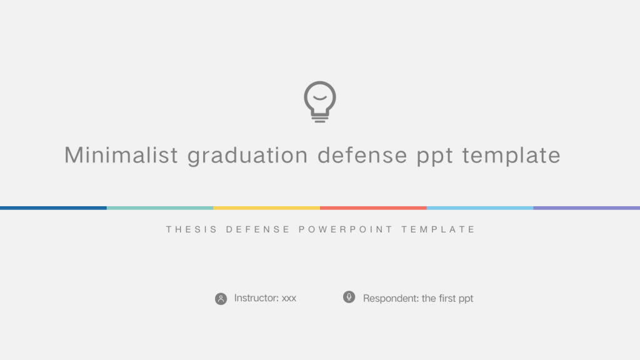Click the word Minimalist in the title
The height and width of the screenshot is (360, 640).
point(121,155)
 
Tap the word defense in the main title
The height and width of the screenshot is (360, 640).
point(362,155)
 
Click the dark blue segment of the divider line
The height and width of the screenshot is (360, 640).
point(54,208)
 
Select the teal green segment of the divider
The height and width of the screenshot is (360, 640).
point(160,208)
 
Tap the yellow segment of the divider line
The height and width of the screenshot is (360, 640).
point(266,208)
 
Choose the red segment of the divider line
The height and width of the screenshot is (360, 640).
point(374,208)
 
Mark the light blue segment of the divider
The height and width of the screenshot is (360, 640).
point(480,208)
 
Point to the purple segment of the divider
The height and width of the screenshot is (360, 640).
point(586,208)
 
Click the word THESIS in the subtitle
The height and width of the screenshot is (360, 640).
point(192,229)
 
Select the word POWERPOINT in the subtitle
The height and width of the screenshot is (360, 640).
point(346,229)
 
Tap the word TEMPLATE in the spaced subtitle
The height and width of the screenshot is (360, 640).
point(438,229)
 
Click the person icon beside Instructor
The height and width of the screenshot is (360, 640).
point(221,299)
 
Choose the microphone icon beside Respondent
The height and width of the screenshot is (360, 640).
point(349,297)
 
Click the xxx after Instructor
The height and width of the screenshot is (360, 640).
point(289,298)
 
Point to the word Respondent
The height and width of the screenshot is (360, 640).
point(391,299)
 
